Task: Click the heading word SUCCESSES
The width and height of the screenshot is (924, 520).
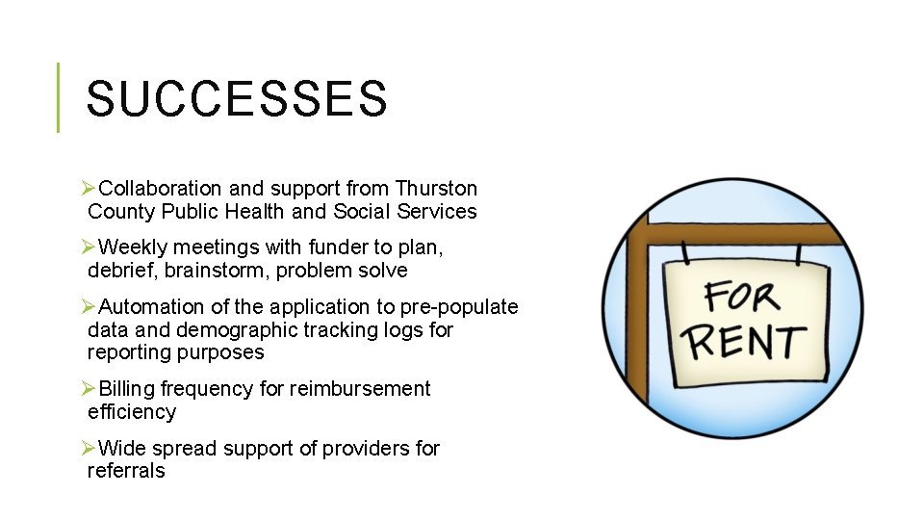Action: pos(237,98)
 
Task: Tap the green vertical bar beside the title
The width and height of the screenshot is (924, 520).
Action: pos(58,97)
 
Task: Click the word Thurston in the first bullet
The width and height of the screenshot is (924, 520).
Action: pos(436,188)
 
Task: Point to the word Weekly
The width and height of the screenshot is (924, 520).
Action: pos(131,247)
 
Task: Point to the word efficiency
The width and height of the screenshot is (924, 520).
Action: pos(132,412)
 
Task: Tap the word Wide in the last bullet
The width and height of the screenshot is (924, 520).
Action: pos(119,449)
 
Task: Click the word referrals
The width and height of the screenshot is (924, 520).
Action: pos(126,471)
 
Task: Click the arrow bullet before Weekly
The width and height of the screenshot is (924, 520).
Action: pos(88,247)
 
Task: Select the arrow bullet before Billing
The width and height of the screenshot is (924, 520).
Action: pos(88,389)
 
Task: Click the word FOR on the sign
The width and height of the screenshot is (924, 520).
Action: pos(740,298)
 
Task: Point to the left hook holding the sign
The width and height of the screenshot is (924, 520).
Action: pos(686,252)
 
